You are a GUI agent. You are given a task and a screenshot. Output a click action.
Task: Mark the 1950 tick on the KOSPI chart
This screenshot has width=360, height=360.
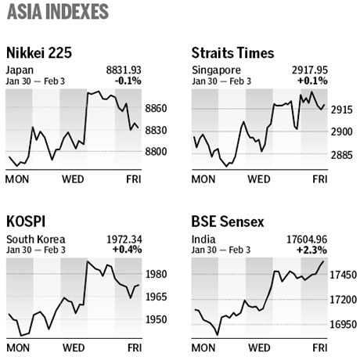(x=156, y=320)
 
